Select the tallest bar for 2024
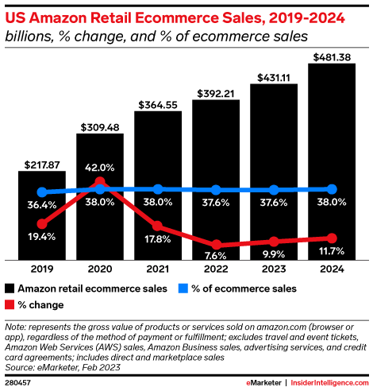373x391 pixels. pos(332,159)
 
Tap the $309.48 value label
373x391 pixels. pos(99,126)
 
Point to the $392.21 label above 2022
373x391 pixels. pos(216,93)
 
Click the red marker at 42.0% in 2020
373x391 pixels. pos(99,182)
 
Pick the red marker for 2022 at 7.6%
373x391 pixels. pos(216,245)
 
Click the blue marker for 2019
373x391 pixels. pos(41,192)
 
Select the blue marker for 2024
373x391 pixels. pos(332,189)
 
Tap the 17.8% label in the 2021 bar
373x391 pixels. pos(157,239)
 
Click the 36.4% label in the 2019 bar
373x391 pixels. pos(41,206)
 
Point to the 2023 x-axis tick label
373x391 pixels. pos(274,269)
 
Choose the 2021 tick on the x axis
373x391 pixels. pos(157,269)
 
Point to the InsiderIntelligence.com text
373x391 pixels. pos(329,383)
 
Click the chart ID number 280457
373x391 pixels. pos(17,383)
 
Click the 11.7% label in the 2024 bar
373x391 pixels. pos(332,252)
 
